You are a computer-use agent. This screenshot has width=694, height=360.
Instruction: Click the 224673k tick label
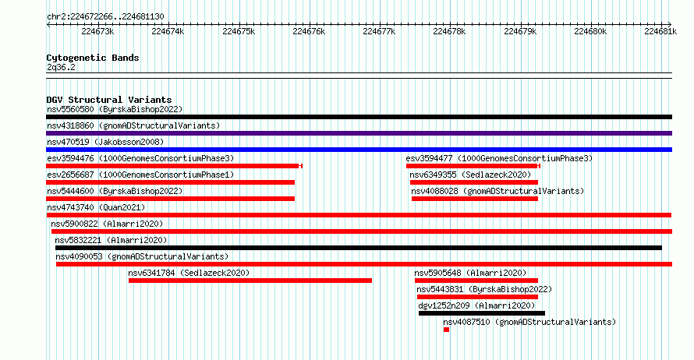[x=97, y=31]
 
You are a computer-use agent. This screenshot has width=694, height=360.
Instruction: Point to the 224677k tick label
[x=379, y=31]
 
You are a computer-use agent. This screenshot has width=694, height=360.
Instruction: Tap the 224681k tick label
[x=660, y=31]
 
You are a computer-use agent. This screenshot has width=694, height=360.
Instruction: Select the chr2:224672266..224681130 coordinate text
[x=105, y=17]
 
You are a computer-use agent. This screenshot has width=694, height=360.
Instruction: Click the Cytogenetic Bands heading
[x=93, y=58]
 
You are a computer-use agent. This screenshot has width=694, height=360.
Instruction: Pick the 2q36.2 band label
[x=61, y=67]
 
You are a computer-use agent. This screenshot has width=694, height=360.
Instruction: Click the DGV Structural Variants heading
[x=109, y=100]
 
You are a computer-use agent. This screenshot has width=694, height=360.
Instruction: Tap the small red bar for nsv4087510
[x=446, y=330]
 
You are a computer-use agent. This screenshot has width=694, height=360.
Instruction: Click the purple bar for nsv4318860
[x=359, y=133]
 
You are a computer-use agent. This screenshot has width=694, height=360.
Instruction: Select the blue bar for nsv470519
[x=359, y=150]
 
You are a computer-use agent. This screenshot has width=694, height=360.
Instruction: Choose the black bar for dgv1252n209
[x=482, y=313]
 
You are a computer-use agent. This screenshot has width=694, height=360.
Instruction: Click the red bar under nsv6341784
[x=250, y=281]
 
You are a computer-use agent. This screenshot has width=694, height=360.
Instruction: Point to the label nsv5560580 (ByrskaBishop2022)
[x=115, y=109]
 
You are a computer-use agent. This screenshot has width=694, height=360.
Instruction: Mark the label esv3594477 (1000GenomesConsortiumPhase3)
[x=499, y=158]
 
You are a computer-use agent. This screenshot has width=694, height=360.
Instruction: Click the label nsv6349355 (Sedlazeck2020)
[x=470, y=175]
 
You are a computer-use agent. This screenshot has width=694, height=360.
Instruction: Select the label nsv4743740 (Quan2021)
[x=96, y=207]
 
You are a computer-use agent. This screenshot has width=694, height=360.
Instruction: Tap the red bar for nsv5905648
[x=476, y=281]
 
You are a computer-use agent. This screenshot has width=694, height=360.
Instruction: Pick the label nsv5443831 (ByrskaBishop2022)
[x=484, y=289]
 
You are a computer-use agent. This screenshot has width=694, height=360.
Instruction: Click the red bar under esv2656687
[x=171, y=182]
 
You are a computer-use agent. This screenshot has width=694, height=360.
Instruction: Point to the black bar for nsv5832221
[x=359, y=248]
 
